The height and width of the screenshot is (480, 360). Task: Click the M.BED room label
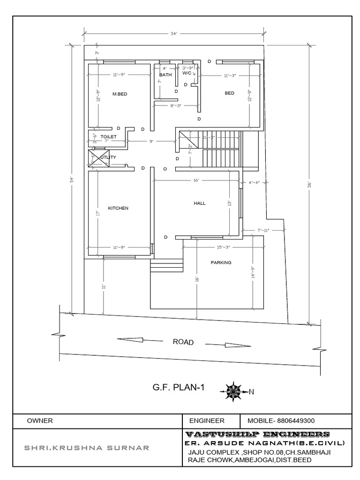tap(120, 94)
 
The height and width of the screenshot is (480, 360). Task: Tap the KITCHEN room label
tap(118, 208)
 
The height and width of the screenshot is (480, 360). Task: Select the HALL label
tap(200, 203)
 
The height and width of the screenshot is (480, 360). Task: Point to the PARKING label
tap(221, 263)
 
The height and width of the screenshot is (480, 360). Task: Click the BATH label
tap(165, 75)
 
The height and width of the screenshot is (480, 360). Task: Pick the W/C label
tap(187, 73)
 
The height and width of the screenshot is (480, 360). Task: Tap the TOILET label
tap(108, 136)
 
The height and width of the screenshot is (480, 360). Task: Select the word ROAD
tap(183, 342)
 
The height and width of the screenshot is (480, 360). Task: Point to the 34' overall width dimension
tap(174, 33)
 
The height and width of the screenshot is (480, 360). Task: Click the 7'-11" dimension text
tap(263, 230)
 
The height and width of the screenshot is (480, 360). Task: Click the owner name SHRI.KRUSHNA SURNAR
tap(87, 448)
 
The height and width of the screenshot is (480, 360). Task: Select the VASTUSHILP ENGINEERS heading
tap(257, 434)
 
